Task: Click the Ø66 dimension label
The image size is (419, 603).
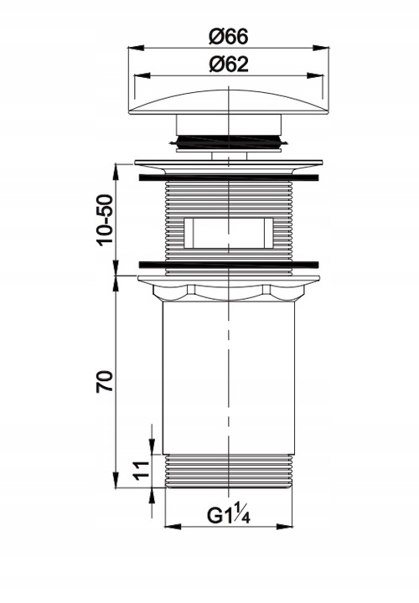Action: coord(229,37)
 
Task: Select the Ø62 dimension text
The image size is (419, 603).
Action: coord(229,64)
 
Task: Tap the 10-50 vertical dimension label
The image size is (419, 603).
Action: coord(105,219)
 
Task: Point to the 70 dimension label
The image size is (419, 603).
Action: coord(105,381)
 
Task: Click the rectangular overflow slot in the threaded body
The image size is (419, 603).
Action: coord(229,233)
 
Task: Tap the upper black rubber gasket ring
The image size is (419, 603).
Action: coord(229,178)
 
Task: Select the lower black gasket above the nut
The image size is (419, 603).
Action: coord(229,265)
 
